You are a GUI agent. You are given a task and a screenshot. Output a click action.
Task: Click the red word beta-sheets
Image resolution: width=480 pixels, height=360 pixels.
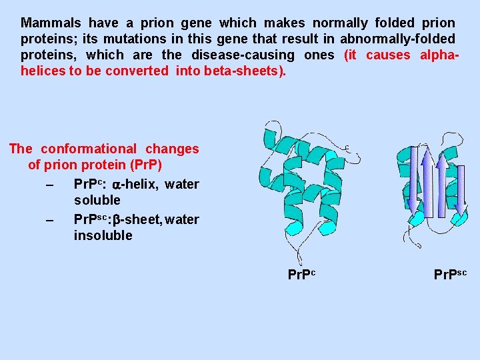[247, 71]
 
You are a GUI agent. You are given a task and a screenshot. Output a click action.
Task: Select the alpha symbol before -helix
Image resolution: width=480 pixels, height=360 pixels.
[116, 185]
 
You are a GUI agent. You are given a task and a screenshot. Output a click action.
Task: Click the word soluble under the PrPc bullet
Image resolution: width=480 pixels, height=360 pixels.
[97, 200]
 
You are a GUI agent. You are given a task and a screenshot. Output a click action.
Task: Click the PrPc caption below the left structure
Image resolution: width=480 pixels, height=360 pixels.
[301, 274]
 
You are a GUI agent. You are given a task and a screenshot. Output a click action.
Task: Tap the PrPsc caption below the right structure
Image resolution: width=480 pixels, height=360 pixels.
[450, 274]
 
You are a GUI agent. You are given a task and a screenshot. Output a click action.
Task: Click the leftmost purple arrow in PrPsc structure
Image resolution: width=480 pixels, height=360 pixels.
[413, 180]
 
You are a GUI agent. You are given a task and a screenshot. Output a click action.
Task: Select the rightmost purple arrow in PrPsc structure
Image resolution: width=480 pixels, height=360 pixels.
[459, 190]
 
